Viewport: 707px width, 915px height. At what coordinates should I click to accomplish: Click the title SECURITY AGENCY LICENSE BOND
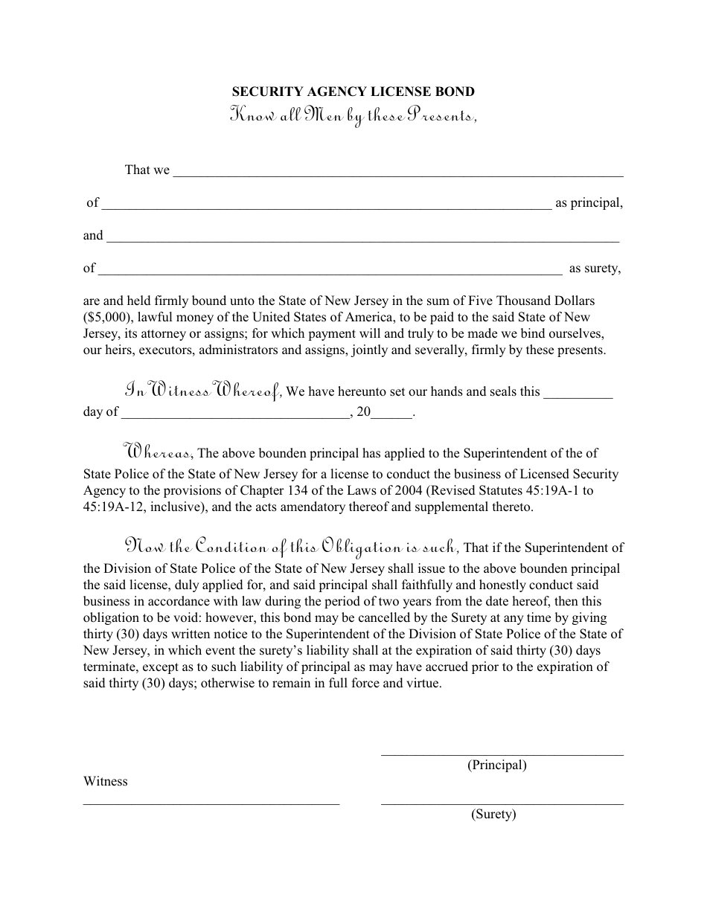(x=353, y=92)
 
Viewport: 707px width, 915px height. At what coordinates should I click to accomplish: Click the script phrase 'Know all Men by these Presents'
(x=353, y=116)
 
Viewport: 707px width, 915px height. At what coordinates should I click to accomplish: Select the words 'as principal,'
(x=589, y=203)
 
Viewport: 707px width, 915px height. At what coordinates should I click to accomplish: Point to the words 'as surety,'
(x=595, y=269)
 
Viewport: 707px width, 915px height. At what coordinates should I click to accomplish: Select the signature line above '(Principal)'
(x=502, y=754)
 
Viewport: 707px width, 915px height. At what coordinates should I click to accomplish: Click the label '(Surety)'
(x=493, y=815)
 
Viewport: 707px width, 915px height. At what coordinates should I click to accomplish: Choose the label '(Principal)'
(x=496, y=765)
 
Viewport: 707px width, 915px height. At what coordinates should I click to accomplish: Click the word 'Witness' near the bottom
(x=106, y=782)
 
